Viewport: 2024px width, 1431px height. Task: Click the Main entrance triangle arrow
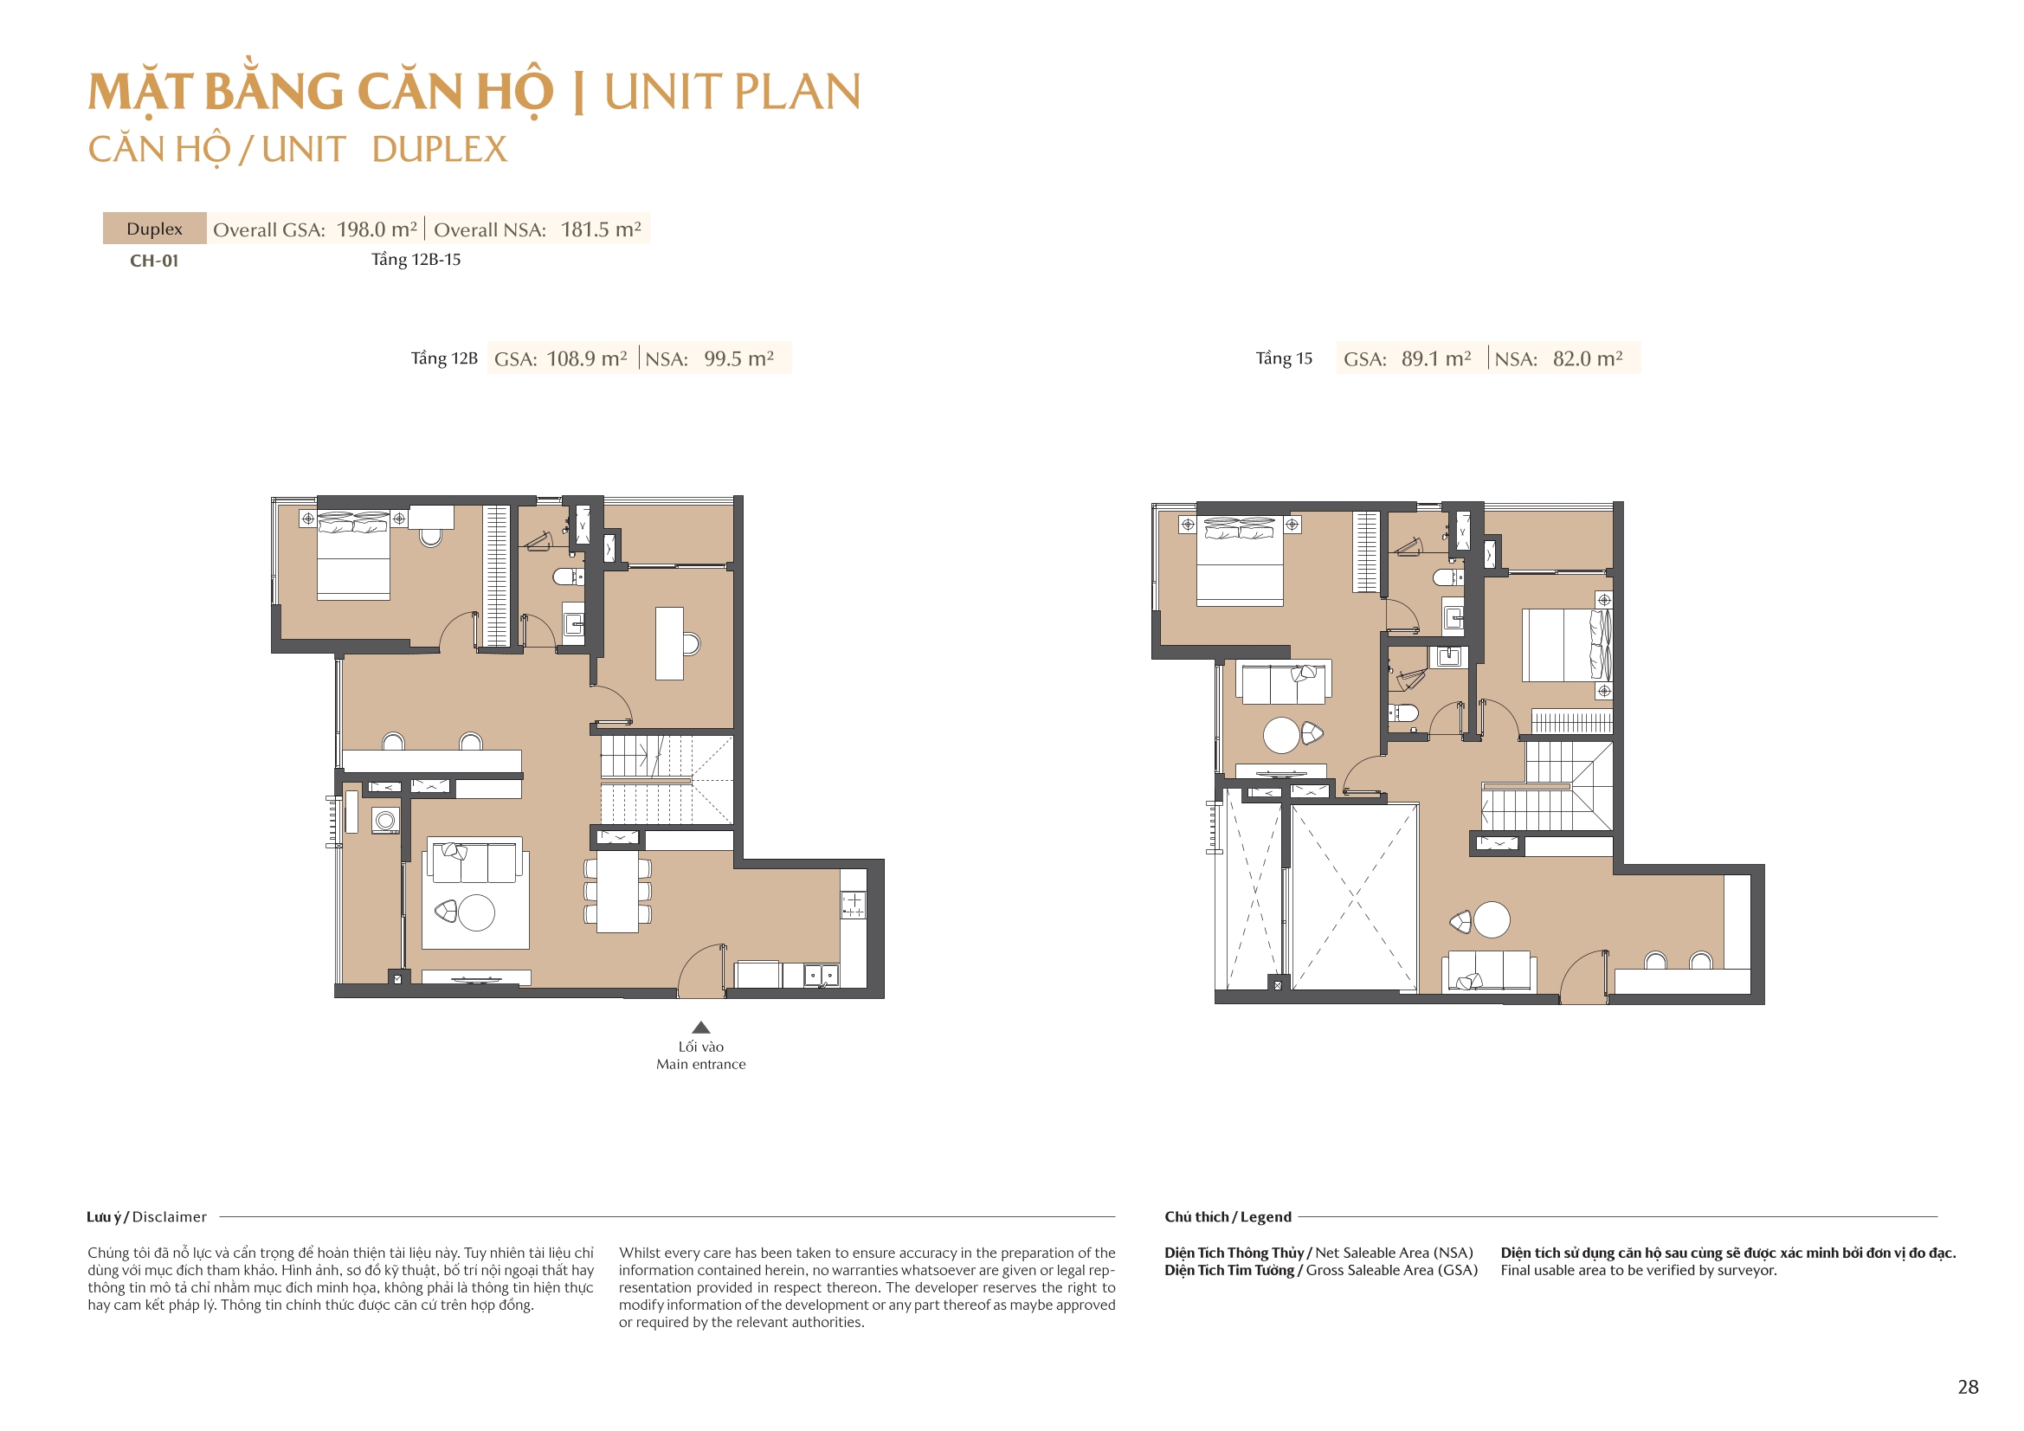pyautogui.click(x=701, y=1028)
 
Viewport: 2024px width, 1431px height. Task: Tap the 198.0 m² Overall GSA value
pyautogui.click(x=377, y=229)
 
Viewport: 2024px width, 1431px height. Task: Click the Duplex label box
pyautogui.click(x=154, y=229)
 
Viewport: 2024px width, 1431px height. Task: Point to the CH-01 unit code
pyautogui.click(x=154, y=261)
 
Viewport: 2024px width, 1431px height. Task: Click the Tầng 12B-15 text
pyautogui.click(x=416, y=259)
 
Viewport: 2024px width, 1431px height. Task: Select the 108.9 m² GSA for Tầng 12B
pyautogui.click(x=586, y=359)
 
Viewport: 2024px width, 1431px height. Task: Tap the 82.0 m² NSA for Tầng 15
pyautogui.click(x=1587, y=359)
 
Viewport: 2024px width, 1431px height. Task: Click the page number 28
pyautogui.click(x=1968, y=1387)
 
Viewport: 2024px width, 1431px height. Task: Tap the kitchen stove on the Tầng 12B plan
pyautogui.click(x=853, y=905)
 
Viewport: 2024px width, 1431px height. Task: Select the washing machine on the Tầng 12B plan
pyautogui.click(x=385, y=821)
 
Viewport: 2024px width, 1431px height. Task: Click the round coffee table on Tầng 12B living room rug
pyautogui.click(x=477, y=912)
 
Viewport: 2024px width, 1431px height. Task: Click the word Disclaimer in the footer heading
pyautogui.click(x=170, y=1217)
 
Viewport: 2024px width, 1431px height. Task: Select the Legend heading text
pyautogui.click(x=1266, y=1217)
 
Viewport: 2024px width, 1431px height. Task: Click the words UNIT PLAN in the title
pyautogui.click(x=732, y=92)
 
